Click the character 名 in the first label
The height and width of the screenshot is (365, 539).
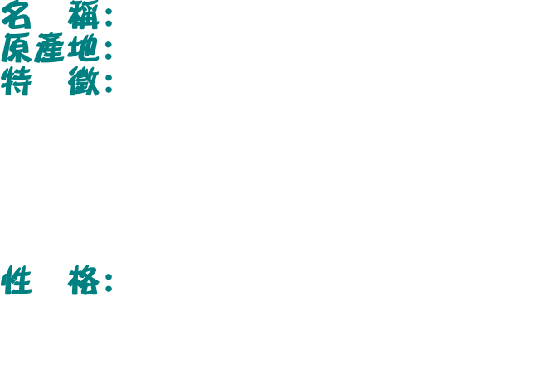coord(16,14)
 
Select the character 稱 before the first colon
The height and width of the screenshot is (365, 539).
coord(84,14)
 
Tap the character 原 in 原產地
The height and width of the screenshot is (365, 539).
coord(16,47)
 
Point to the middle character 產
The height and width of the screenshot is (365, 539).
coord(49,47)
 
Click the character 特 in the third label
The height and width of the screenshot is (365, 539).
coord(16,81)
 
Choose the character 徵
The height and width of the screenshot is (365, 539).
coord(84,81)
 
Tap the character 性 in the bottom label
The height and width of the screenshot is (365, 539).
coord(16,280)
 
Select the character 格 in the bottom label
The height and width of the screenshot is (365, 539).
coord(84,280)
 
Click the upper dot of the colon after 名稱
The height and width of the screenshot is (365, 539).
coord(109,11)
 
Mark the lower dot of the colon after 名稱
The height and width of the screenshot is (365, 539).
coord(109,23)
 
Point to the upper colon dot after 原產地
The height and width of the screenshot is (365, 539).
coord(109,44)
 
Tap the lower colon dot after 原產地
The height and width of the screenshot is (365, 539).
coord(109,56)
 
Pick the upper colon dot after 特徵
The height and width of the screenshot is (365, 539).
coord(109,78)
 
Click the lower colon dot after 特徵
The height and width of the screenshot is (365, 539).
coord(109,90)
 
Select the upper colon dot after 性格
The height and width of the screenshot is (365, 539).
coord(109,276)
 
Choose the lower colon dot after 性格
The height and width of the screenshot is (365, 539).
coord(109,289)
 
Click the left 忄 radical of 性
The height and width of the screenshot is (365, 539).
coord(7,280)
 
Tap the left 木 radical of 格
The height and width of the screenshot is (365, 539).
coord(75,280)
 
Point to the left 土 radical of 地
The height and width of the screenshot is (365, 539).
coord(73,48)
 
